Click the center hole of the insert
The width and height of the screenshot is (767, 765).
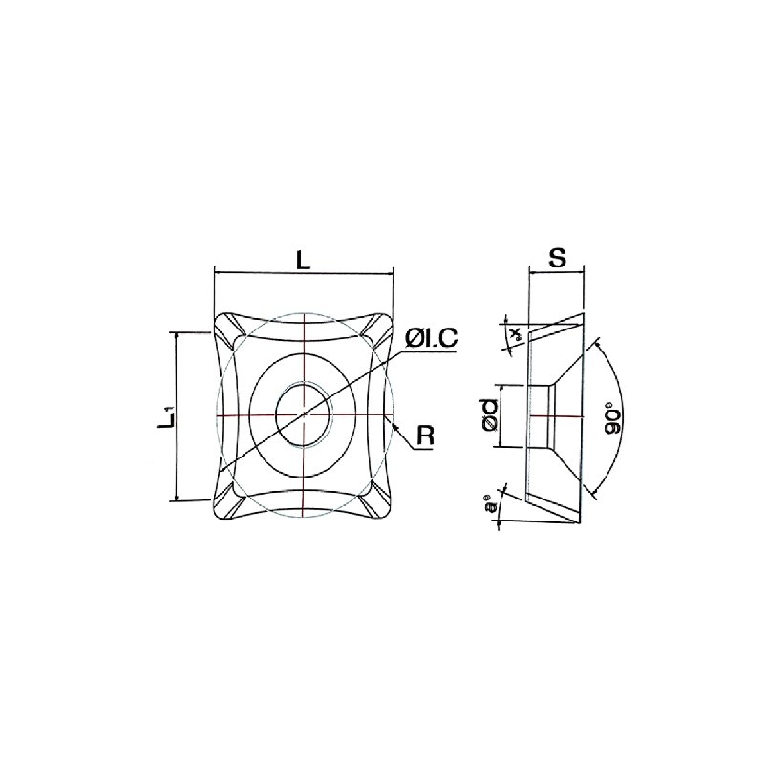[304, 417]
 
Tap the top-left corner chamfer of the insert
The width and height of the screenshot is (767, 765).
[228, 331]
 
